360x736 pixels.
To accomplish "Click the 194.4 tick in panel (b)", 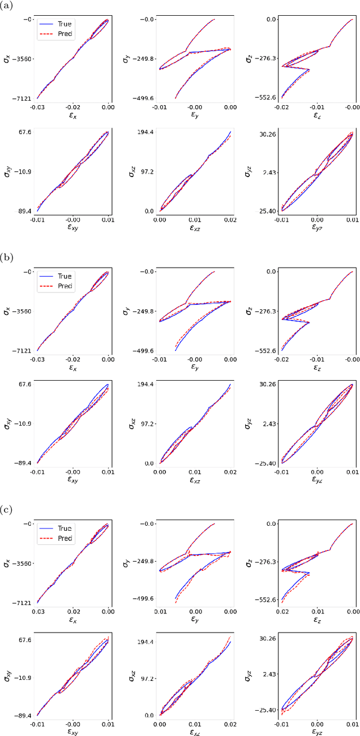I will (x=146, y=384).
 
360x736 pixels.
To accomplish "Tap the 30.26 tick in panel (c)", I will (x=268, y=639).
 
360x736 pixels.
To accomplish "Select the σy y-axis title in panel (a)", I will (x=128, y=58).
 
